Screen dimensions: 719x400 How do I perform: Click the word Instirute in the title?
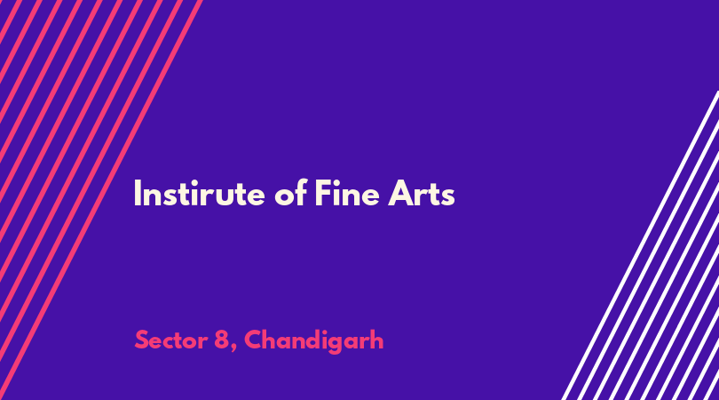click(200, 193)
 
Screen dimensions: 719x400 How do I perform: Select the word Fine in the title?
click(347, 193)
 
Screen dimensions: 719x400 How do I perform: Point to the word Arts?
click(422, 193)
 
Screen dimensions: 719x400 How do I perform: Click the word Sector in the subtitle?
click(171, 340)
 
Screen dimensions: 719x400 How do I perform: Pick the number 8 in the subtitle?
click(222, 340)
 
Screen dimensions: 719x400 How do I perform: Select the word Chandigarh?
click(313, 341)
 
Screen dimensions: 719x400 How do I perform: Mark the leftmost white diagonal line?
click(640, 245)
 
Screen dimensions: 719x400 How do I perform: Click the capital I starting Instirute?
click(137, 193)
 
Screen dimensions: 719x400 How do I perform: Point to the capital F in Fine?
click(322, 193)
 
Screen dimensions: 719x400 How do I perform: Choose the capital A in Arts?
click(399, 193)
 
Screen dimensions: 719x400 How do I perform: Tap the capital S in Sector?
click(142, 340)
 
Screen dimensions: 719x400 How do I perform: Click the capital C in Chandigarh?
click(254, 340)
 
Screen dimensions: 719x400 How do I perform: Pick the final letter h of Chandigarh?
click(376, 340)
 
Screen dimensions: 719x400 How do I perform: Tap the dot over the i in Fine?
click(336, 182)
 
